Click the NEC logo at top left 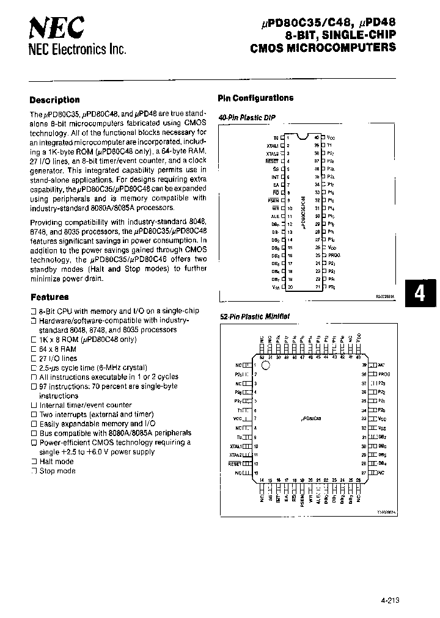click(57, 27)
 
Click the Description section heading click(55, 100)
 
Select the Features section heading click(50, 297)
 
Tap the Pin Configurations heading click(255, 98)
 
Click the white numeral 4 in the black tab click(419, 294)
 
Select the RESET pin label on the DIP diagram click(272, 161)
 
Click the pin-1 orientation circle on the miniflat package click(265, 365)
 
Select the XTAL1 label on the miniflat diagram click(236, 446)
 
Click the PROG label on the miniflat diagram click(384, 373)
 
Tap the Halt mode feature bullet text click(56, 462)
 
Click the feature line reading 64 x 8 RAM click(58, 349)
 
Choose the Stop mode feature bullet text click(57, 471)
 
